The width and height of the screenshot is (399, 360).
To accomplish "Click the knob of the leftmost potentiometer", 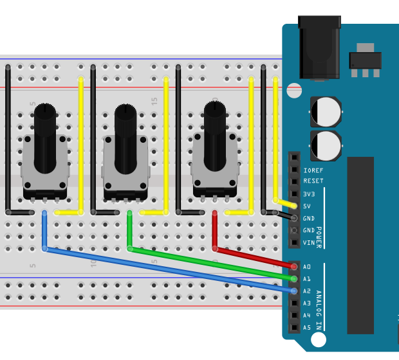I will tap(45, 138).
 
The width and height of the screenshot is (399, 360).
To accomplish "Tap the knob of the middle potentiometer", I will tap(125, 138).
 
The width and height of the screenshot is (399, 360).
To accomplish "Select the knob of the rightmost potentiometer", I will tap(214, 135).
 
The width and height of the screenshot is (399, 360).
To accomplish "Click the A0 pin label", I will tap(307, 267).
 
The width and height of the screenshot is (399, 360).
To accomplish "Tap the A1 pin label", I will tap(307, 279).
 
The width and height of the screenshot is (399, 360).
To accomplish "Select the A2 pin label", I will tap(307, 291).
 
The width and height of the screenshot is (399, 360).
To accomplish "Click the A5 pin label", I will tap(307, 328).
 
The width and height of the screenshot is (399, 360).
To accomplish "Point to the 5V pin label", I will tap(308, 206).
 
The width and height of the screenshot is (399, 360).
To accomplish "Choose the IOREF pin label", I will tap(313, 170).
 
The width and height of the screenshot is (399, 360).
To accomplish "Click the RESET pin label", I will tap(313, 182).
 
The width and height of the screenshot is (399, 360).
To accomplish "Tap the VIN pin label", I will tap(309, 243).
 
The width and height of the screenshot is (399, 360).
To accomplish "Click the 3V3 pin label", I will tap(309, 194).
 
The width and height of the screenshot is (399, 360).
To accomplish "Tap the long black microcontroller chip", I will tap(360, 244).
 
